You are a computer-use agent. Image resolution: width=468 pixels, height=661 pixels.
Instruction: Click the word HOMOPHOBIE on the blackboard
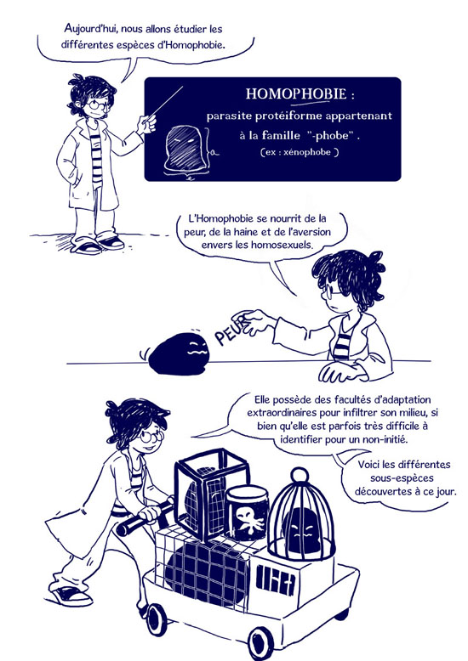pos(295,93)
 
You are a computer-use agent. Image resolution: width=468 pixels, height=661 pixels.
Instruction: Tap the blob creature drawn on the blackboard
pos(185,149)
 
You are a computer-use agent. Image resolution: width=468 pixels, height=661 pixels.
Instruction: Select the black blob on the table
pos(180,353)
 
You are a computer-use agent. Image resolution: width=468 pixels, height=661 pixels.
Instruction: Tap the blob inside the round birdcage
pos(300,530)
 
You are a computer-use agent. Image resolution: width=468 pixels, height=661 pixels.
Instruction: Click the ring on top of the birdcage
pos(300,475)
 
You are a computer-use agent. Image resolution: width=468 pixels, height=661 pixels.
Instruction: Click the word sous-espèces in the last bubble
pos(402,478)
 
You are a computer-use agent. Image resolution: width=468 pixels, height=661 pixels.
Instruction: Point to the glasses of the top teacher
pos(98,104)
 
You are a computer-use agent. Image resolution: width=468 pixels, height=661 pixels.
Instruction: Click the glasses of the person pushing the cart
pos(151,436)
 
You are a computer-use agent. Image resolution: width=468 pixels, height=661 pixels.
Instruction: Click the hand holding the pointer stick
pos(147,124)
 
